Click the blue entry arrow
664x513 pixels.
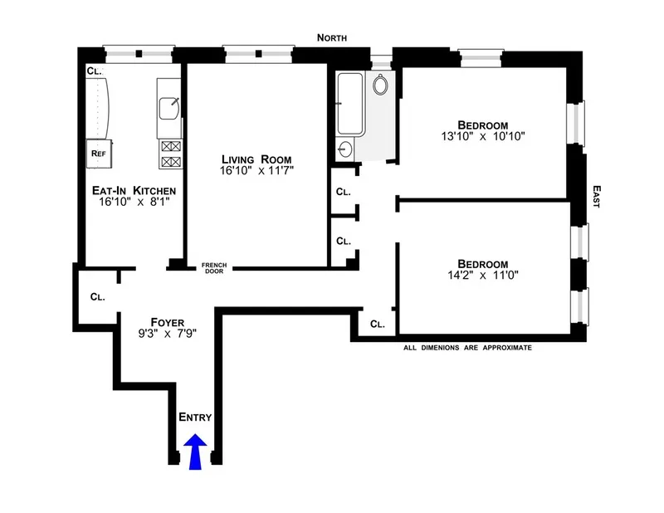196,453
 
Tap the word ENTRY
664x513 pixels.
196,418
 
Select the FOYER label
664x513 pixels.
168,322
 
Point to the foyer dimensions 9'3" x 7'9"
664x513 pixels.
168,335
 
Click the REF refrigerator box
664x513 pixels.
98,153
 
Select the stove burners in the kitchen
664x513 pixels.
169,152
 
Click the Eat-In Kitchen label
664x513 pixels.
133,192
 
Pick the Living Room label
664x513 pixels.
256,159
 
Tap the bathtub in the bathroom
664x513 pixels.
350,103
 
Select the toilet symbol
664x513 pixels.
382,84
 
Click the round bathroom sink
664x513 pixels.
346,149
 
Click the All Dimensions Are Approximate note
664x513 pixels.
466,348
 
